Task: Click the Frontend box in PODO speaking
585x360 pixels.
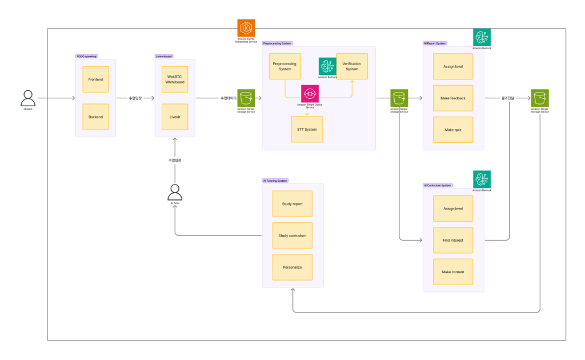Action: click(95, 79)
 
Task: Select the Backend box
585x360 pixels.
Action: click(95, 117)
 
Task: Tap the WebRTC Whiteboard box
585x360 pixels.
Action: click(175, 79)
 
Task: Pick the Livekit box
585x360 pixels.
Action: click(175, 117)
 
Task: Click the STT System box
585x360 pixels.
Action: click(307, 129)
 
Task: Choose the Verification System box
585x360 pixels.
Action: click(352, 66)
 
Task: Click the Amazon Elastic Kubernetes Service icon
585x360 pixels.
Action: click(246, 28)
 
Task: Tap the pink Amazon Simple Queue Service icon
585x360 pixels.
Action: click(310, 94)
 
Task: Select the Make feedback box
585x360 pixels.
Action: click(453, 98)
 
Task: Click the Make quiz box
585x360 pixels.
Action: click(453, 130)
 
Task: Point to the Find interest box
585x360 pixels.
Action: click(453, 240)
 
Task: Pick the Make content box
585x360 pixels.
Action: click(453, 272)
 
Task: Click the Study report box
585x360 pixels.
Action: click(292, 204)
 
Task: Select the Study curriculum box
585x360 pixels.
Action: click(292, 235)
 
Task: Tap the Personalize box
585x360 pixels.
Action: click(292, 267)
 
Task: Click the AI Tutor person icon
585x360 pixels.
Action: click(175, 193)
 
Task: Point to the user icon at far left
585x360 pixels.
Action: click(27, 98)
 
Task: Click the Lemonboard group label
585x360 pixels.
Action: click(164, 57)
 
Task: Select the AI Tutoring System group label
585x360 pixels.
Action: click(275, 181)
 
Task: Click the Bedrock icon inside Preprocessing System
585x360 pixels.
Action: click(327, 66)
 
